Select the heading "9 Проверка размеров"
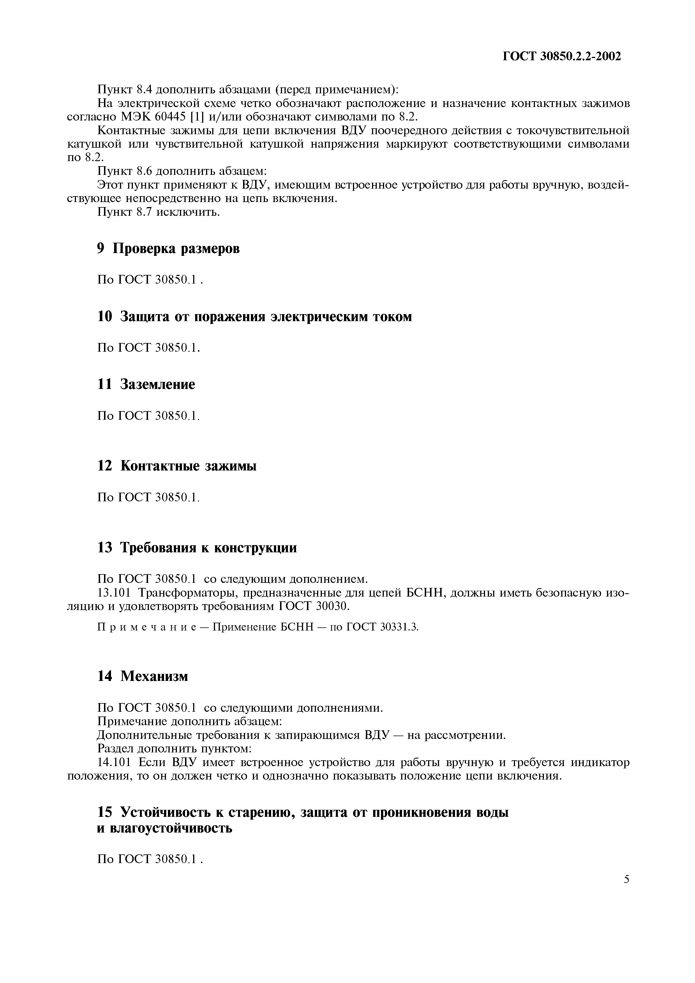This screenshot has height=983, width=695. click(x=168, y=249)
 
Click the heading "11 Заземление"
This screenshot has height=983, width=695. click(x=146, y=384)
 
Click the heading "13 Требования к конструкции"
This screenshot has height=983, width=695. click(x=197, y=548)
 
